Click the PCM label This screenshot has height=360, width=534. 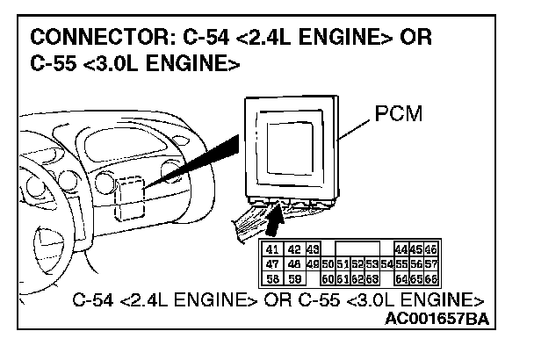pyautogui.click(x=399, y=115)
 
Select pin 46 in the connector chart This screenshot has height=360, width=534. pyautogui.click(x=431, y=249)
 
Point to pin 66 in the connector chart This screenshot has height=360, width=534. pyautogui.click(x=431, y=278)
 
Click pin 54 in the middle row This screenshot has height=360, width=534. pyautogui.click(x=387, y=263)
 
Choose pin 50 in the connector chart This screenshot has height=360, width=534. pyautogui.click(x=328, y=263)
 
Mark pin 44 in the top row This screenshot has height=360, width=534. pyautogui.click(x=402, y=249)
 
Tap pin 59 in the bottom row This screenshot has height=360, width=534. pyautogui.click(x=293, y=278)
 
